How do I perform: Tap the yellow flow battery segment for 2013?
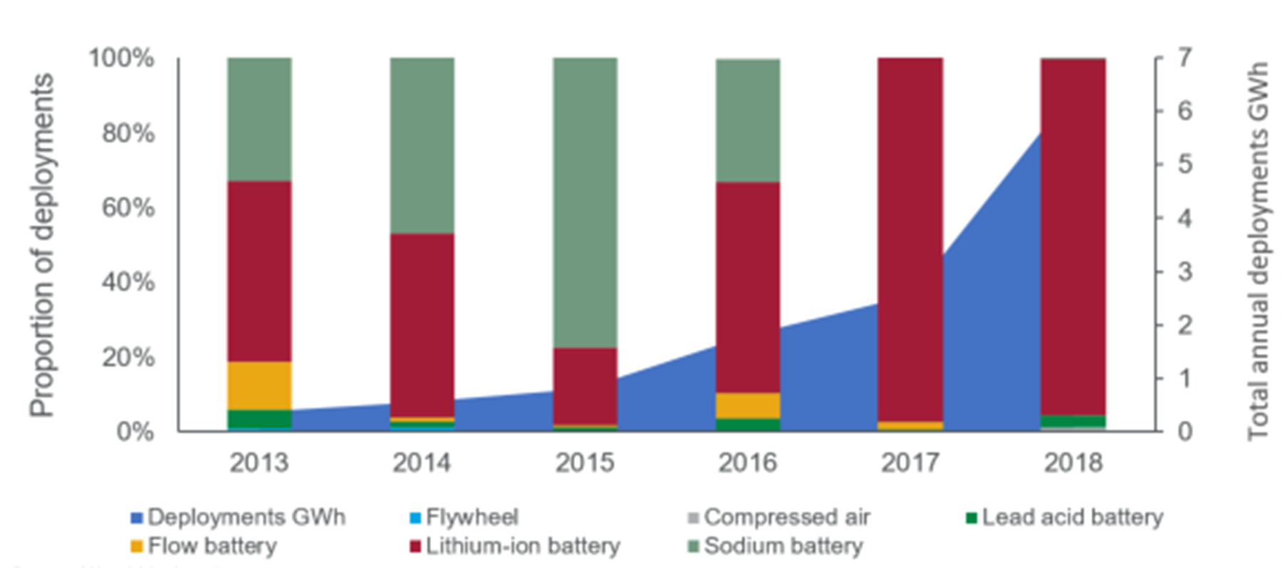tap(259, 385)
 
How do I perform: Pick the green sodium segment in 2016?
tap(748, 120)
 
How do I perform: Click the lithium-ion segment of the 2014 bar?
tap(422, 325)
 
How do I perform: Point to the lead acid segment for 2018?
tap(1073, 421)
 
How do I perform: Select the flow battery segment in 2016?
tap(748, 405)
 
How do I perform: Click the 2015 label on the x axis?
tap(584, 463)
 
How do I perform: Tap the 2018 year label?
tap(1073, 463)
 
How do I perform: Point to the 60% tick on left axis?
tap(128, 208)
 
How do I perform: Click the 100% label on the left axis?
tap(121, 58)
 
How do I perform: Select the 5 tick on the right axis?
tap(1184, 164)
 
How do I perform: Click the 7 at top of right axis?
tap(1184, 57)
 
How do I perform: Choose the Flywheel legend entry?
tap(470, 517)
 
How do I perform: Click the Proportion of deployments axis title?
tap(42, 245)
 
